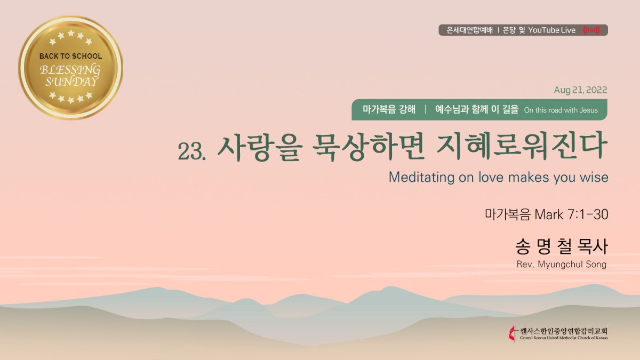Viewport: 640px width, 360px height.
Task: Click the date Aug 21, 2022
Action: point(580,90)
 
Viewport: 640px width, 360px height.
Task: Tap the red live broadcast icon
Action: point(591,30)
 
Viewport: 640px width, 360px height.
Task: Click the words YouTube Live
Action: point(551,30)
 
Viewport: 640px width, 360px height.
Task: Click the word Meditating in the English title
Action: point(421,177)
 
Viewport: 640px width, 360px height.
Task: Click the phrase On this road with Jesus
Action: point(561,110)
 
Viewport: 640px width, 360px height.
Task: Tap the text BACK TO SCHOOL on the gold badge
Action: point(70,56)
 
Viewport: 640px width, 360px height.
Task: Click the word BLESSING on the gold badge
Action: point(70,70)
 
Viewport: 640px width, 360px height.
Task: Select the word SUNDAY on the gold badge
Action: point(71,82)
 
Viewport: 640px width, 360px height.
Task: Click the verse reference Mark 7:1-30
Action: point(571,214)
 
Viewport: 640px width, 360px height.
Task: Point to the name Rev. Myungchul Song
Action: point(562,265)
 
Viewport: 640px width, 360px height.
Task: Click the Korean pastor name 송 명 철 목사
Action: point(562,247)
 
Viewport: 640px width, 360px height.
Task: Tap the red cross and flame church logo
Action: point(513,333)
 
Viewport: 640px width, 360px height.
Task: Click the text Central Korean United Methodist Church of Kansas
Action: point(564,338)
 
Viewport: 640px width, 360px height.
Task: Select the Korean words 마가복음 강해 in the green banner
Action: point(389,110)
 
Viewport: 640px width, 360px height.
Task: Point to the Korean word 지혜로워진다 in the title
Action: point(522,147)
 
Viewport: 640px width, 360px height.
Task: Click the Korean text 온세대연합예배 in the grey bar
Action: point(470,30)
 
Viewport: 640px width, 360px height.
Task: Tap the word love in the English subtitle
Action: point(491,177)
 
